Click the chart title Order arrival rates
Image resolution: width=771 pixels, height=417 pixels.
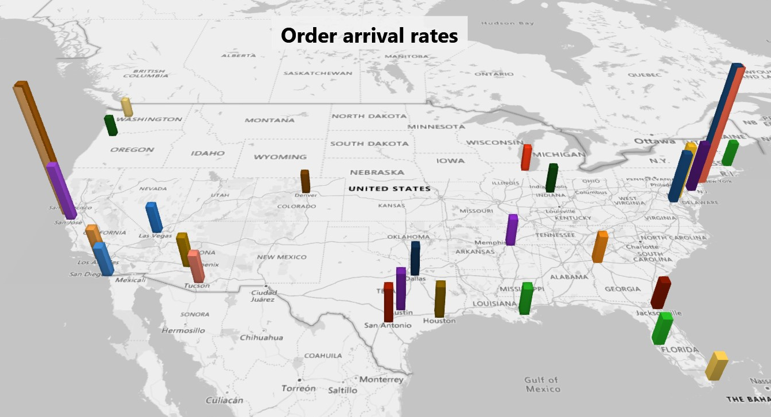pyautogui.click(x=369, y=36)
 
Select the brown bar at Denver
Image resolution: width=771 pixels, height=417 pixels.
pyautogui.click(x=305, y=181)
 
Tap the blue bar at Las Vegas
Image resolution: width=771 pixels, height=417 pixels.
pyautogui.click(x=154, y=217)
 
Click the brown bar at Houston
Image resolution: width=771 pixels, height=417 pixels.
pyautogui.click(x=440, y=299)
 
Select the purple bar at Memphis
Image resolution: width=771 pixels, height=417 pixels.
pyautogui.click(x=512, y=230)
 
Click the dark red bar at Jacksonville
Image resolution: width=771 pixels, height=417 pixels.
pyautogui.click(x=660, y=292)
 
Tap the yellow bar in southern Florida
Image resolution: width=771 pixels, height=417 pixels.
pyautogui.click(x=716, y=366)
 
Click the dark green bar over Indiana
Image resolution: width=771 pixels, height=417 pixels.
pyautogui.click(x=552, y=178)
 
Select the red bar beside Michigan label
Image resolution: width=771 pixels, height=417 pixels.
pyautogui.click(x=526, y=157)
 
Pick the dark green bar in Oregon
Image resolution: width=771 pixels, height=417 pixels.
pyautogui.click(x=110, y=125)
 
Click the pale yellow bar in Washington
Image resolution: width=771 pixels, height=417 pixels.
pyautogui.click(x=126, y=107)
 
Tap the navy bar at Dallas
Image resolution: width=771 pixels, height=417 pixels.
pyautogui.click(x=415, y=258)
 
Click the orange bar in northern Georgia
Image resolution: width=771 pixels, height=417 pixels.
pyautogui.click(x=600, y=247)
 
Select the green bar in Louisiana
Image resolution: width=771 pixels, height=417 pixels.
pyautogui.click(x=525, y=298)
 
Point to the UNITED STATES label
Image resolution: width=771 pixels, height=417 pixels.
pyautogui.click(x=389, y=189)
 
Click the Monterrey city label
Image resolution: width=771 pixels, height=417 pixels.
pyautogui.click(x=381, y=380)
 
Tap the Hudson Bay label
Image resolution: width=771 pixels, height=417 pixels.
pyautogui.click(x=499, y=23)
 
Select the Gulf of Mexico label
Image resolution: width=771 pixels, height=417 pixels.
pyautogui.click(x=542, y=384)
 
